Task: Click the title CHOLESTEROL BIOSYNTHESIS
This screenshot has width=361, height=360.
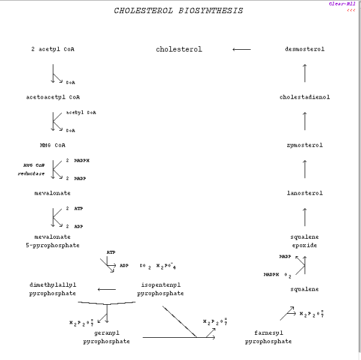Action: coord(179,11)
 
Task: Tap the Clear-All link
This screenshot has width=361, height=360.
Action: coord(342,4)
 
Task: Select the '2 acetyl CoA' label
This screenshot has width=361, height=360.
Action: coord(53,49)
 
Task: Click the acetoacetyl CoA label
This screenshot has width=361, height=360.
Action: coord(53,97)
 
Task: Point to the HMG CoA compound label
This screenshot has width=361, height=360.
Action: coord(53,145)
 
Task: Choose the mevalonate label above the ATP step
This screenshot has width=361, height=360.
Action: coord(53,193)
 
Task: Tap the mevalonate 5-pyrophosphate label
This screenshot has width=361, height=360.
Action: coord(53,241)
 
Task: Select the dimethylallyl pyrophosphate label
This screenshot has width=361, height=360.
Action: coord(53,289)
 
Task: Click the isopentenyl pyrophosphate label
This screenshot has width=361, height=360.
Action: coord(161,289)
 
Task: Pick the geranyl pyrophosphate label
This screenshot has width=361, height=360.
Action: coord(107,337)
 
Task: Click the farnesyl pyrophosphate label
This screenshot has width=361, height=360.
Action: coord(269,337)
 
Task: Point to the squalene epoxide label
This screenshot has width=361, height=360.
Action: coord(305,241)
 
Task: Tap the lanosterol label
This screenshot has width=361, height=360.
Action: coord(305,193)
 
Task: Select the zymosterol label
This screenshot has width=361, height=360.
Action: coord(305,145)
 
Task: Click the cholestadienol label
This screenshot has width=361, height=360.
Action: coord(305,97)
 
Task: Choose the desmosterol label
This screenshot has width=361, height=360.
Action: coord(305,49)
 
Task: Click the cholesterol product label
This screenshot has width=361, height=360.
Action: coord(179,49)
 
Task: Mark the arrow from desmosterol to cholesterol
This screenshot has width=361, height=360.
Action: coord(242,49)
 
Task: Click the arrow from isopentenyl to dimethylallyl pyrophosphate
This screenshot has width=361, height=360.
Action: coord(107,289)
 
